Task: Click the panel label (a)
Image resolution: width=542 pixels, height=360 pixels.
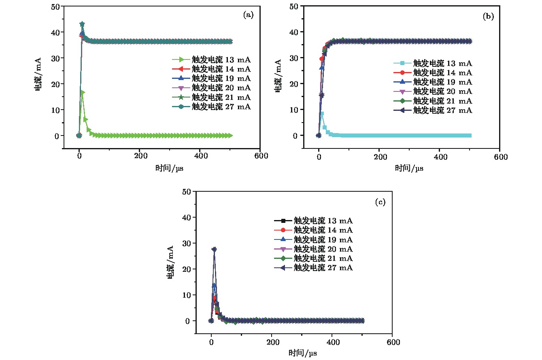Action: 248,15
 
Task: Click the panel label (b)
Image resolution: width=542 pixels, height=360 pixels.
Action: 488,17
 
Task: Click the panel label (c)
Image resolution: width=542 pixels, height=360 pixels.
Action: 380,202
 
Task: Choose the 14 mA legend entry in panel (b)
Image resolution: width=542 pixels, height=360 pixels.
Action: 442,73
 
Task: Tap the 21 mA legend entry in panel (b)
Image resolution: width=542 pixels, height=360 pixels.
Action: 442,101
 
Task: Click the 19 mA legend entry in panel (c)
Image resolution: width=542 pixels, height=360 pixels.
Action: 323,239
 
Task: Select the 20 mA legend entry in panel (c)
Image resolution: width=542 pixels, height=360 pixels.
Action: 323,249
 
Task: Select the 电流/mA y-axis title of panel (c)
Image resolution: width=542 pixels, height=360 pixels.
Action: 172,262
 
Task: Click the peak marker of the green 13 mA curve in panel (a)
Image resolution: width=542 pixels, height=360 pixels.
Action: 83,93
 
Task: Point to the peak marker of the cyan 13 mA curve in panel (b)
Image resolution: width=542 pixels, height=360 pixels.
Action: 322,114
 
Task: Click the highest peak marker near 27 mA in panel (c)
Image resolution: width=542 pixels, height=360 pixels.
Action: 214,250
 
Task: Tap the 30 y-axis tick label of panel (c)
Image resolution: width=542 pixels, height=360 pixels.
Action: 187,243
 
